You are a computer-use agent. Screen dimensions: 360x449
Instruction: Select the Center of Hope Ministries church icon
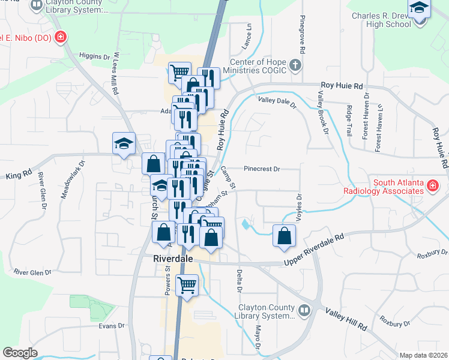click(x=295, y=65)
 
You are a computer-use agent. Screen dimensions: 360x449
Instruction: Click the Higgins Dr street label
click(x=94, y=56)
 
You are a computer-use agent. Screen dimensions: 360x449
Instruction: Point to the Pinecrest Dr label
click(x=263, y=169)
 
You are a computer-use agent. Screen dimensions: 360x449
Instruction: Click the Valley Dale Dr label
click(x=277, y=101)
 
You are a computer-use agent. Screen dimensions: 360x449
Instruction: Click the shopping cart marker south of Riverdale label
click(x=187, y=286)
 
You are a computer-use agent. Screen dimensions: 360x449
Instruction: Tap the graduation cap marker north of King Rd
click(x=124, y=144)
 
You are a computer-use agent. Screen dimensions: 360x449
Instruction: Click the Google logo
click(x=19, y=353)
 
